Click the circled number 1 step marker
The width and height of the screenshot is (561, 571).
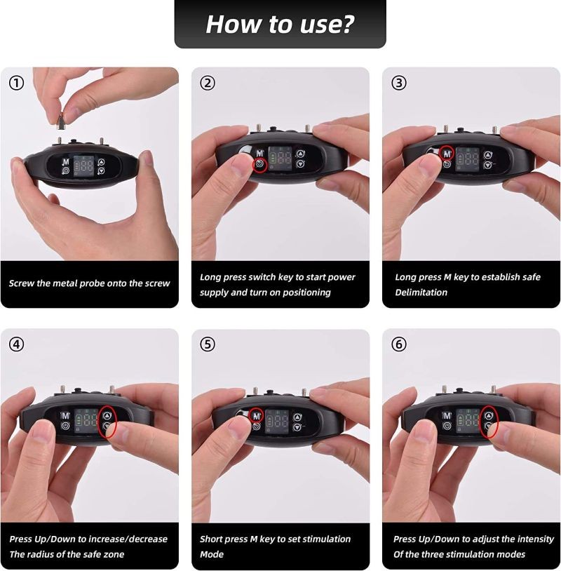[x=16, y=83]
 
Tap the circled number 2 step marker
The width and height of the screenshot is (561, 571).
[x=208, y=83]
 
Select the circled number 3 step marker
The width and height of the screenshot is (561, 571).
[x=398, y=83]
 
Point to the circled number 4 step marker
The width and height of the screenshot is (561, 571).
[x=16, y=344]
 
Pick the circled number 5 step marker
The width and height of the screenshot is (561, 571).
[x=208, y=344]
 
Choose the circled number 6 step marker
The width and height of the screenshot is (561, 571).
[x=398, y=344]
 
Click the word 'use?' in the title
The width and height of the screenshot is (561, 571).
[x=327, y=24]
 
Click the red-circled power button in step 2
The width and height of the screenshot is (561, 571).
[x=259, y=166]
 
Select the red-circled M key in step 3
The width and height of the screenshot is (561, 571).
[x=447, y=154]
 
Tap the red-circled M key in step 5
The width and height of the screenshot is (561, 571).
[x=257, y=415]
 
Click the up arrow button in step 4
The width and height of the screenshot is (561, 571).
[x=107, y=415]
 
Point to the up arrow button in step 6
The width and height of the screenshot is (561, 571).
[x=489, y=415]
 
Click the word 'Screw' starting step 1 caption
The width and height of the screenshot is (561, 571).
[x=20, y=283]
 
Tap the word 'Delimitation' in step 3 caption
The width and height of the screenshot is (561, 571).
[x=421, y=293]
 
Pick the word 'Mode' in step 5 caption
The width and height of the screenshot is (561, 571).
[x=212, y=554]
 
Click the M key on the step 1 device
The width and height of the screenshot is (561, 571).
[x=65, y=161]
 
